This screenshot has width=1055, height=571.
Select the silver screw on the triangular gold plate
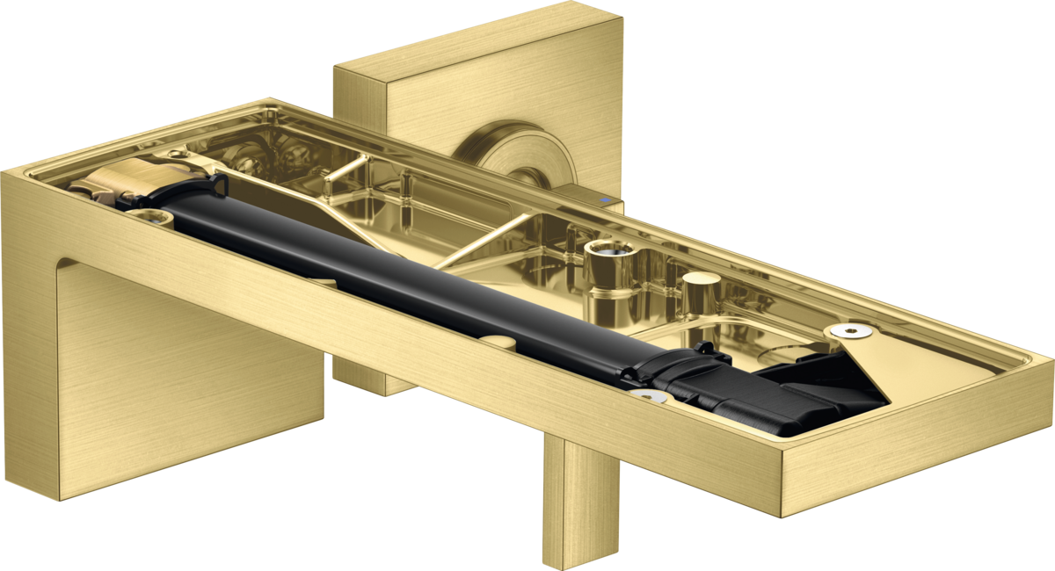coord(849,331)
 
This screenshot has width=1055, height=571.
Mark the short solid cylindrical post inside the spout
coord(699,291)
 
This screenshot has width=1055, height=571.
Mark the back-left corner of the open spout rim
coord(268,98)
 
